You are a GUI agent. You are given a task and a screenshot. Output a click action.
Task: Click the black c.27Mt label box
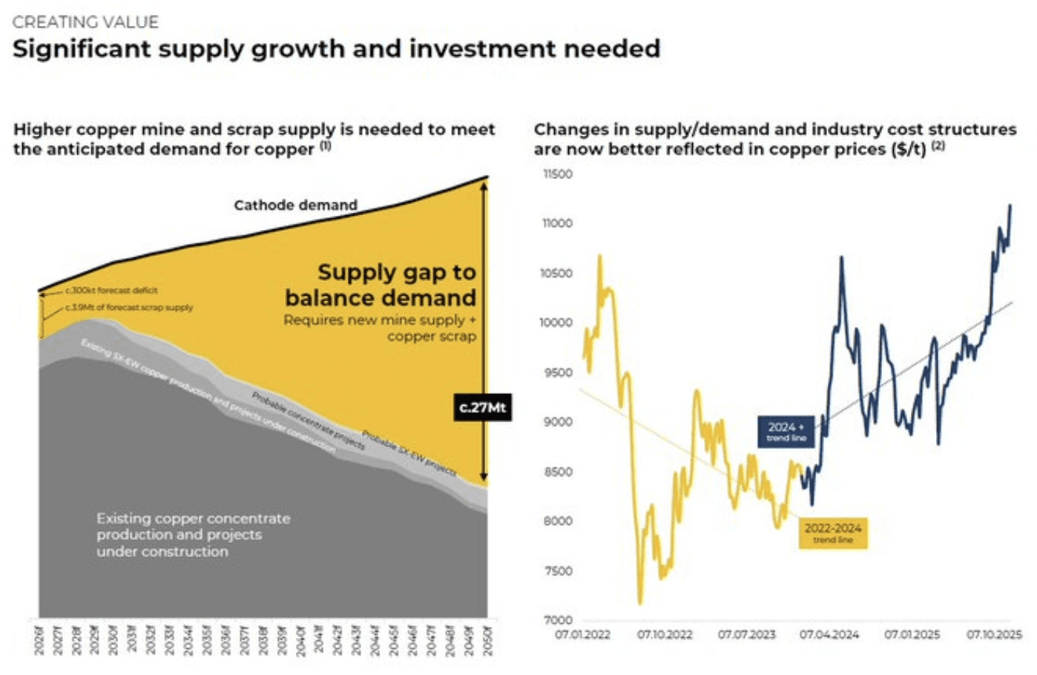coord(483,407)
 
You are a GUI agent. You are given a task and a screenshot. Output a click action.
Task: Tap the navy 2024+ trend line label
coord(786,432)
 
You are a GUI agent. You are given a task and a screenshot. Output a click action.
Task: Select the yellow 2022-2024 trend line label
coord(833,533)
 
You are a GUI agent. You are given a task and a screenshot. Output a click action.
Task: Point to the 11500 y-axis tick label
coord(558,174)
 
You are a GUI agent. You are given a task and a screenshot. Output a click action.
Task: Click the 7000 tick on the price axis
coord(559,620)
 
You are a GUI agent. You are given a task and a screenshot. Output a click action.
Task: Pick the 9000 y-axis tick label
coord(559,422)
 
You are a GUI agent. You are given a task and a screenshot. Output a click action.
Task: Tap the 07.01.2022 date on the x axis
coord(582,635)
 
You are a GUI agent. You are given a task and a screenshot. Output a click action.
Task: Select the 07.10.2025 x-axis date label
coord(994,635)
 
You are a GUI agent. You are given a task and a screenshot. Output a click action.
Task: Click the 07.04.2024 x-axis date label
coord(829,635)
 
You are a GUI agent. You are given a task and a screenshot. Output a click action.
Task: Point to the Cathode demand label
coord(295,205)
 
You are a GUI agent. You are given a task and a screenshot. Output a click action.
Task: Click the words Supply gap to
coord(397,272)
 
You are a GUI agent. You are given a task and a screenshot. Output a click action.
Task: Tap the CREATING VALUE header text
coord(85,22)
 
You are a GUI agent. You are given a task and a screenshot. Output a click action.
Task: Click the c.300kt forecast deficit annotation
coord(111,291)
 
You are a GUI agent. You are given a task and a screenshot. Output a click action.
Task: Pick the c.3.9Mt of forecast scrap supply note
coord(128,307)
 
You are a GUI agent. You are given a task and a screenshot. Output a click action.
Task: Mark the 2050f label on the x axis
coord(486,640)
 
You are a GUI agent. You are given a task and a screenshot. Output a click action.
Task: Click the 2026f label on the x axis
coord(39,640)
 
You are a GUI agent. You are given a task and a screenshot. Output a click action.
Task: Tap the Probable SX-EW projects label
coord(409,452)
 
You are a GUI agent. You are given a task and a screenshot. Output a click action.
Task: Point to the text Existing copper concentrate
coord(193,518)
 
